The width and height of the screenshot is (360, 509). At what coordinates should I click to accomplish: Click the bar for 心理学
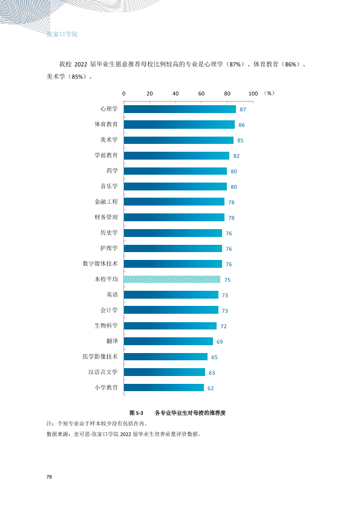[180, 109]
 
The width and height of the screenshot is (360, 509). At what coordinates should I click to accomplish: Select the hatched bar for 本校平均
[172, 279]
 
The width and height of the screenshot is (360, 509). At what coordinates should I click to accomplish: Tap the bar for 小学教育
[164, 387]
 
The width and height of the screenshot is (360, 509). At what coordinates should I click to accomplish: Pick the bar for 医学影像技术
[166, 357]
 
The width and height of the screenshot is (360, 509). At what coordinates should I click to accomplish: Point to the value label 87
[243, 110]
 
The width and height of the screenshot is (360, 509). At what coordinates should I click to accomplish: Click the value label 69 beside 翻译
[220, 342]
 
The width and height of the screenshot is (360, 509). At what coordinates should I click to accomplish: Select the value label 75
[227, 280]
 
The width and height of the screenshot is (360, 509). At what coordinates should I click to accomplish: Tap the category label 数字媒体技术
[100, 264]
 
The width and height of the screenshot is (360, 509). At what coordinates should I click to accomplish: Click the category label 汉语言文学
[103, 372]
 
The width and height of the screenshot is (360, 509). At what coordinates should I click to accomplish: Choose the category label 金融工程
[106, 201]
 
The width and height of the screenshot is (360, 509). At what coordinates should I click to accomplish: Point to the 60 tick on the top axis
[201, 94]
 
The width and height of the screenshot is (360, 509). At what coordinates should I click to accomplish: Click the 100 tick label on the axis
[253, 94]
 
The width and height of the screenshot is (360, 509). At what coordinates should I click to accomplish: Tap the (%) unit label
[269, 93]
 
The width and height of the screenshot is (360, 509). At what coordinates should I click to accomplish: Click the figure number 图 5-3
[137, 413]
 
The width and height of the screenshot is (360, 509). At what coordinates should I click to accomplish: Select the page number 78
[49, 477]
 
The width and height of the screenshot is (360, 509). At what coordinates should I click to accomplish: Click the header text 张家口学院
[62, 34]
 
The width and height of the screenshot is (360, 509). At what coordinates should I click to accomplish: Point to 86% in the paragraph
[290, 64]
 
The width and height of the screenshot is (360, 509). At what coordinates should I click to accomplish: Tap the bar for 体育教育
[179, 125]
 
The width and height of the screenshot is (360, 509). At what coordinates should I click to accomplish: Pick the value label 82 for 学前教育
[236, 156]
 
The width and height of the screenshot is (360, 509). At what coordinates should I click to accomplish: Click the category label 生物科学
[106, 326]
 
